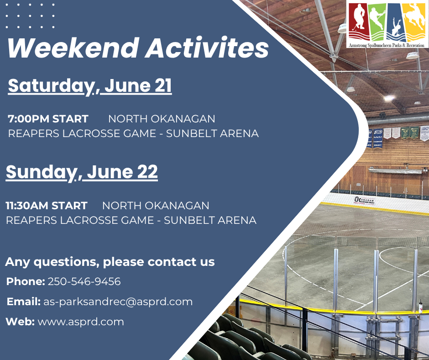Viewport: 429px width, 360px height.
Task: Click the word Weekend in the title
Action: point(73,48)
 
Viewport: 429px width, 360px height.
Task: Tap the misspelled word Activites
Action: point(207,48)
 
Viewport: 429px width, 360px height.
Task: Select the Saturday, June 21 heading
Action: point(90,86)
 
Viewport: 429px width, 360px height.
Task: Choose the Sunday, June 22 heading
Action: point(82,172)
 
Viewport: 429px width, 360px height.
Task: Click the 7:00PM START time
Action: point(48,119)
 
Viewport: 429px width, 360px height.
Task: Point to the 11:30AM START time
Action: point(47,206)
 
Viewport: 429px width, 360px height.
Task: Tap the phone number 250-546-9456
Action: point(84,281)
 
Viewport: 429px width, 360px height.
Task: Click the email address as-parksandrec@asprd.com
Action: point(118,302)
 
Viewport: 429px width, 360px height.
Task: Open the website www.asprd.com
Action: point(81,322)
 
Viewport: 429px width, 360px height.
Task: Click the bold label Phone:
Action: point(26,281)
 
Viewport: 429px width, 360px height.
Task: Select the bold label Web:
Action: point(20,322)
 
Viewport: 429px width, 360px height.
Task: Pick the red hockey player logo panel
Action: point(359,21)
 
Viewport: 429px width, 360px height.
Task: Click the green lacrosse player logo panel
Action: point(378,21)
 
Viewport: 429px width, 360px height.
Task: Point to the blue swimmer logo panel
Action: point(395,21)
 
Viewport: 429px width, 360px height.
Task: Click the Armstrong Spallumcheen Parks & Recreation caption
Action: point(387,45)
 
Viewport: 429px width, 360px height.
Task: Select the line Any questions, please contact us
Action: point(110,262)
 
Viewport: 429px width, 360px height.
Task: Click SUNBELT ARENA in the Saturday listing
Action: point(212,133)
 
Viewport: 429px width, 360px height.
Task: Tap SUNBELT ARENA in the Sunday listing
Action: point(210,220)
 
